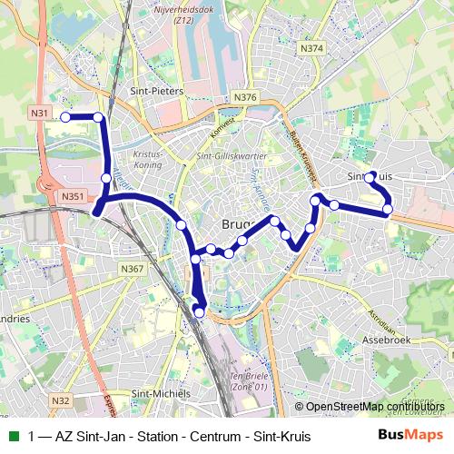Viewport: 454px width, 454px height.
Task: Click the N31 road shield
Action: click(x=39, y=113)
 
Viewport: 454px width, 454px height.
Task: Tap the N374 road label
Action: click(x=311, y=48)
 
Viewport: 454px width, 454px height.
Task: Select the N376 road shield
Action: click(x=244, y=97)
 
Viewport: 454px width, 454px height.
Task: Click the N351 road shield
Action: click(x=74, y=196)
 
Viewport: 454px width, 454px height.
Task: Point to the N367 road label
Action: click(x=132, y=269)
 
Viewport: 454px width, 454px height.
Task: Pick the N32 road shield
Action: click(x=61, y=400)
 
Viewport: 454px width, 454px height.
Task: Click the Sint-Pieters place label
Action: click(x=158, y=92)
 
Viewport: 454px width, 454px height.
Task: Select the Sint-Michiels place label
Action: click(x=161, y=393)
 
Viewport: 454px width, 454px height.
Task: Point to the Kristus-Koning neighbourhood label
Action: click(x=147, y=160)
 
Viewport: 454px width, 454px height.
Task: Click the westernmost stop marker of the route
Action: click(x=65, y=116)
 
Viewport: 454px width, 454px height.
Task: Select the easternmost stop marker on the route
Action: click(x=388, y=210)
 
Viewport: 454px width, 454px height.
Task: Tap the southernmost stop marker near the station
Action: click(x=200, y=313)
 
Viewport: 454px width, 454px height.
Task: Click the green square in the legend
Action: click(x=14, y=436)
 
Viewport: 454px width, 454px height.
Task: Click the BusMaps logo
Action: click(x=411, y=436)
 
